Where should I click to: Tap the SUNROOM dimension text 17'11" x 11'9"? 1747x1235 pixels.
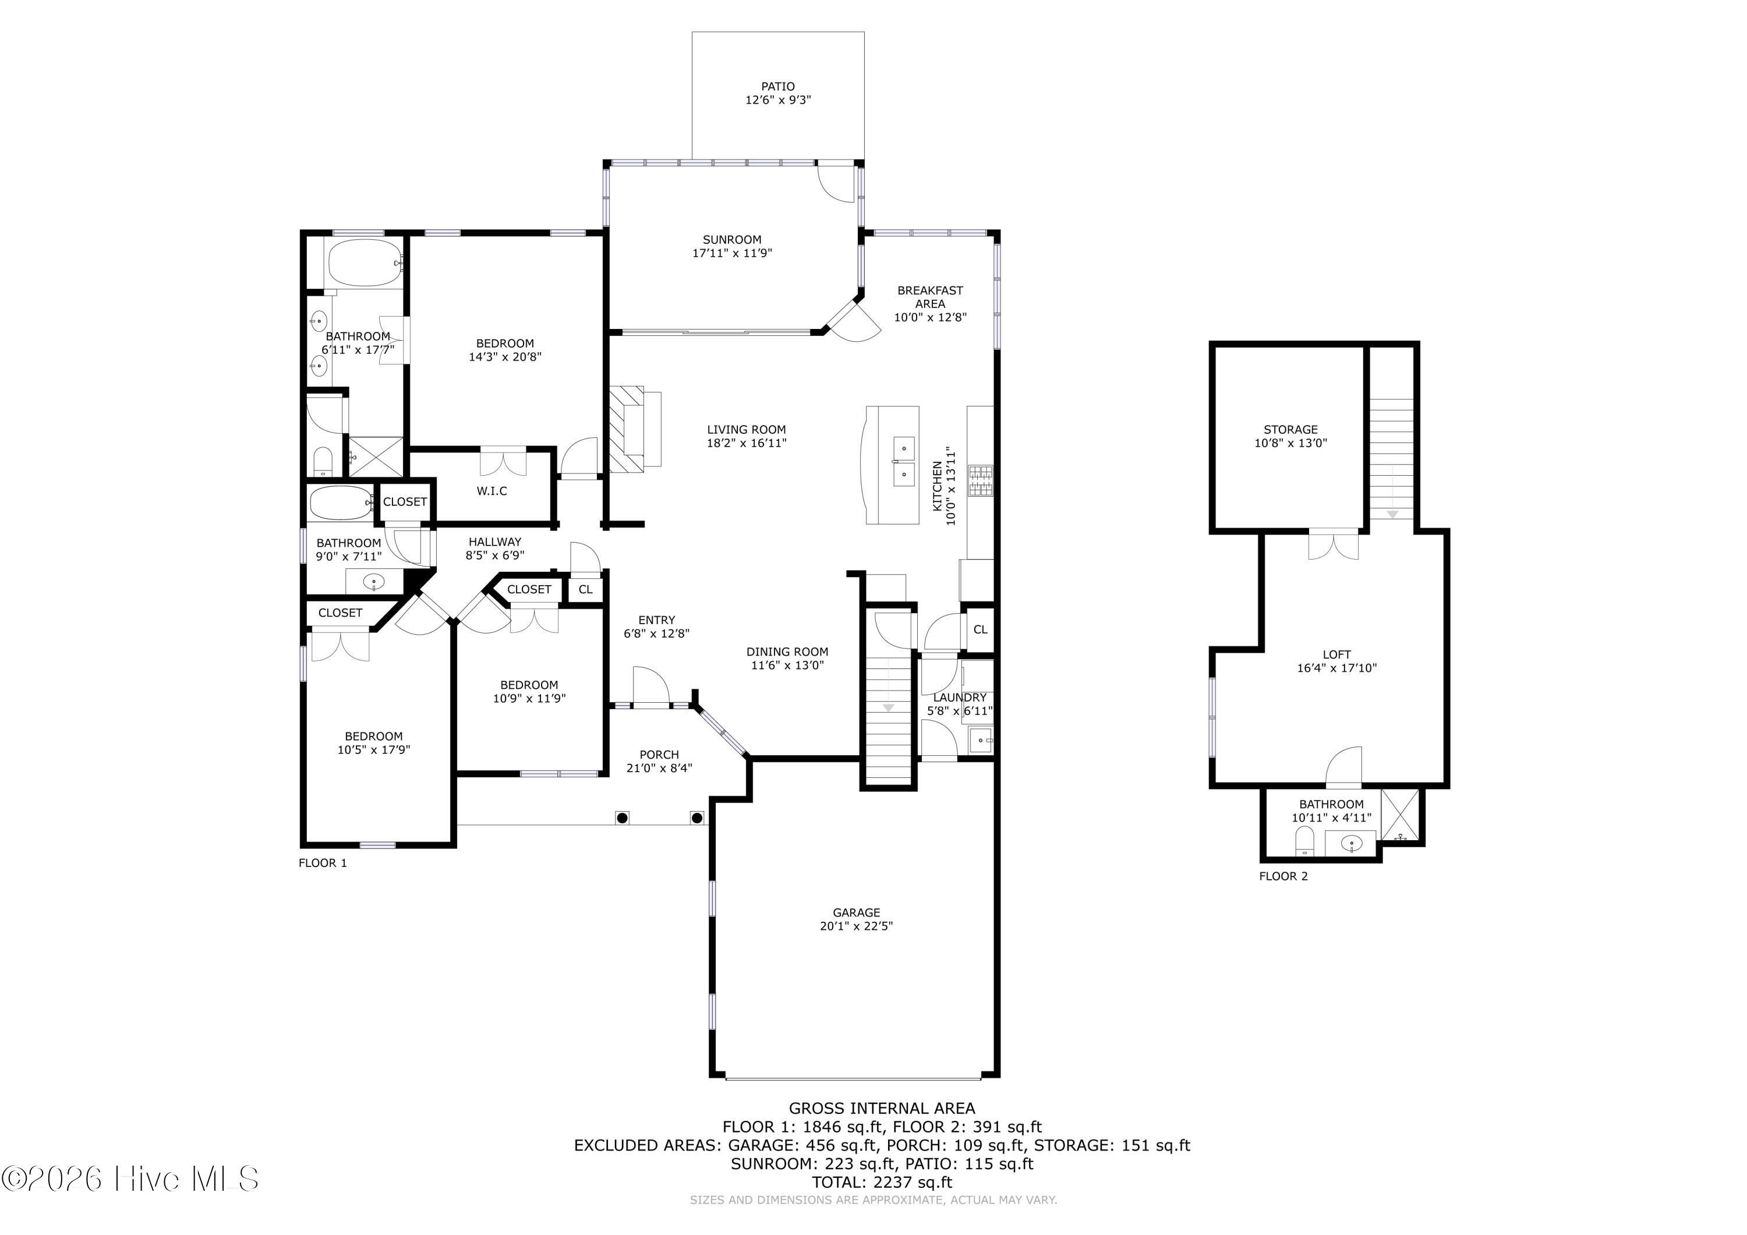pyautogui.click(x=732, y=253)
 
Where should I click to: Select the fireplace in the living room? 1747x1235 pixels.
pyautogui.click(x=635, y=429)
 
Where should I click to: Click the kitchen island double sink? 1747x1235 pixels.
pyautogui.click(x=903, y=461)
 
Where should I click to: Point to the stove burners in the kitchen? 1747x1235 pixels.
pyautogui.click(x=981, y=481)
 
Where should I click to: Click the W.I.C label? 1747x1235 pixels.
pyautogui.click(x=491, y=491)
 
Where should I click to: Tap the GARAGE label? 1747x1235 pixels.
pyautogui.click(x=856, y=912)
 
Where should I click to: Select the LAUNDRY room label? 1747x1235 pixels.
pyautogui.click(x=960, y=697)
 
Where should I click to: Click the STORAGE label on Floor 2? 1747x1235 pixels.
pyautogui.click(x=1290, y=429)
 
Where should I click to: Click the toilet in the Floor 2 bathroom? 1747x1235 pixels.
pyautogui.click(x=1305, y=841)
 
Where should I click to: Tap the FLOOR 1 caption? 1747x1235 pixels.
pyautogui.click(x=323, y=863)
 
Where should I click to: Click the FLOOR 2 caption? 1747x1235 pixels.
pyautogui.click(x=1283, y=876)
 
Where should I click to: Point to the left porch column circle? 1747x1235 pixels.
pyautogui.click(x=623, y=818)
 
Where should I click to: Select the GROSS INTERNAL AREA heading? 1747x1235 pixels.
pyautogui.click(x=882, y=1109)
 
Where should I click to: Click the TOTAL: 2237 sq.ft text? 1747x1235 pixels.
pyautogui.click(x=882, y=1182)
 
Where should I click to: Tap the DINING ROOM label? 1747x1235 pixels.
pyautogui.click(x=787, y=652)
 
